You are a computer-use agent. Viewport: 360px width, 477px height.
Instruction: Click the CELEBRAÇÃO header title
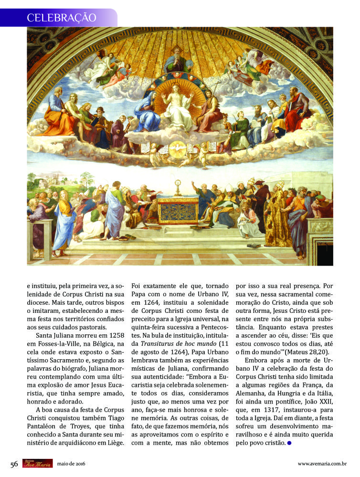(62, 18)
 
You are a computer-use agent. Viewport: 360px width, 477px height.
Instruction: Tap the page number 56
(14, 464)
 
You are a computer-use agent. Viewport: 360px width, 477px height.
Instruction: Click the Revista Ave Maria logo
(37, 463)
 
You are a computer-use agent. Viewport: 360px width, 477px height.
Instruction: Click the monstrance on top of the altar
(178, 186)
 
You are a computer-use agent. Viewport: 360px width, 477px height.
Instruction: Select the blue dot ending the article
(289, 443)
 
